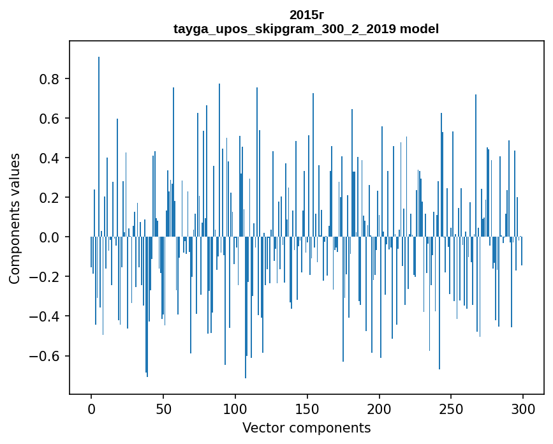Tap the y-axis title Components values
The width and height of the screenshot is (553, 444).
click(15, 218)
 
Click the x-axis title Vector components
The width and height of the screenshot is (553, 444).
click(306, 427)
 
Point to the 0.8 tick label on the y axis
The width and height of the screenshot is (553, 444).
click(50, 79)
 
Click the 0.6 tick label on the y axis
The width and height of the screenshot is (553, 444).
click(50, 119)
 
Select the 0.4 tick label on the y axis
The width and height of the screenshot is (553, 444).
click(50, 158)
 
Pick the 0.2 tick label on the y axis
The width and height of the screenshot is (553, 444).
click(50, 198)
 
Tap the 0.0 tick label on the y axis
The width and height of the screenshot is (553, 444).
click(50, 237)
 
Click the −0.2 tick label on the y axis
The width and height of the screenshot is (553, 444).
click(46, 277)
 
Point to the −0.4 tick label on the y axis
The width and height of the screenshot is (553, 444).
click(46, 316)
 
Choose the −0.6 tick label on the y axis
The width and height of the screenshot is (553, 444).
click(46, 356)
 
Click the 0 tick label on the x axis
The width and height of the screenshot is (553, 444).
click(91, 408)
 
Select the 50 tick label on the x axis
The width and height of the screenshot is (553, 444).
click(163, 408)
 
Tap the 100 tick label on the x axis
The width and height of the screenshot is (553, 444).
click(235, 408)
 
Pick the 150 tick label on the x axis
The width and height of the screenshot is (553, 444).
click(307, 408)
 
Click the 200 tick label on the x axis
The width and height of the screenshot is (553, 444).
click(380, 408)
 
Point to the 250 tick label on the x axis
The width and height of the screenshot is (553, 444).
click(452, 408)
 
